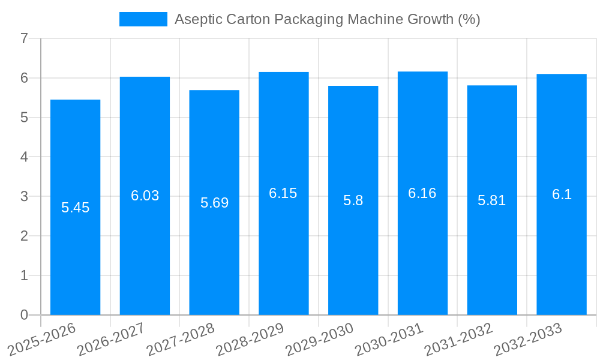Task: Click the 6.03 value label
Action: (145, 196)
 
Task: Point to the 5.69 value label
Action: (214, 203)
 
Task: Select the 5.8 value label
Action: (353, 200)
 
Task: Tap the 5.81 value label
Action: (492, 200)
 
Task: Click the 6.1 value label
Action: (562, 194)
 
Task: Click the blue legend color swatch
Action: (143, 19)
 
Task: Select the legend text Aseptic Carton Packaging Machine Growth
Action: (327, 19)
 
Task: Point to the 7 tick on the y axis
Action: (24, 38)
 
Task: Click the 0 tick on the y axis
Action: (24, 315)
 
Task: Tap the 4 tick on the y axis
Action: (24, 157)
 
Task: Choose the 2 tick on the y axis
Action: (24, 236)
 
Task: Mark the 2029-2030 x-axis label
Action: (320, 339)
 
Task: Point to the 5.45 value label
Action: (75, 208)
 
